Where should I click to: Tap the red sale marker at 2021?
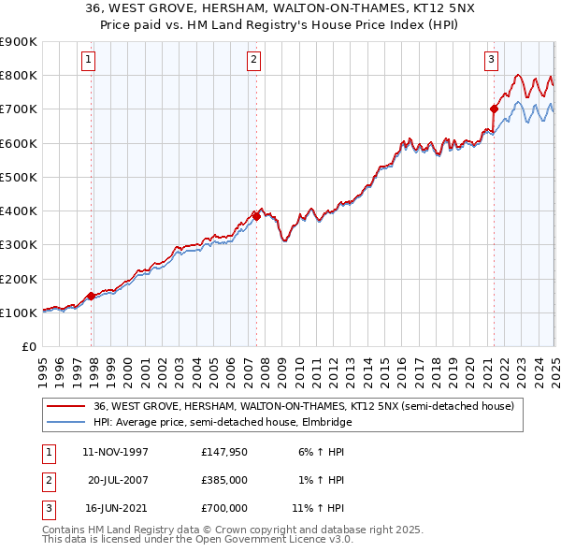[x=494, y=109]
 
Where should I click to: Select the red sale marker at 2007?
[x=256, y=215]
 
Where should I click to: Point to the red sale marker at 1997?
[x=91, y=296]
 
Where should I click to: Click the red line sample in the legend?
[x=65, y=407]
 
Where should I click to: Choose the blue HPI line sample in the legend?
[x=65, y=422]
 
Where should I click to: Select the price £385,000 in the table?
[x=224, y=480]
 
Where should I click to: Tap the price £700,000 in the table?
[x=224, y=508]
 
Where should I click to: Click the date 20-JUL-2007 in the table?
[x=119, y=480]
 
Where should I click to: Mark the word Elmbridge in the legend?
[x=333, y=422]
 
